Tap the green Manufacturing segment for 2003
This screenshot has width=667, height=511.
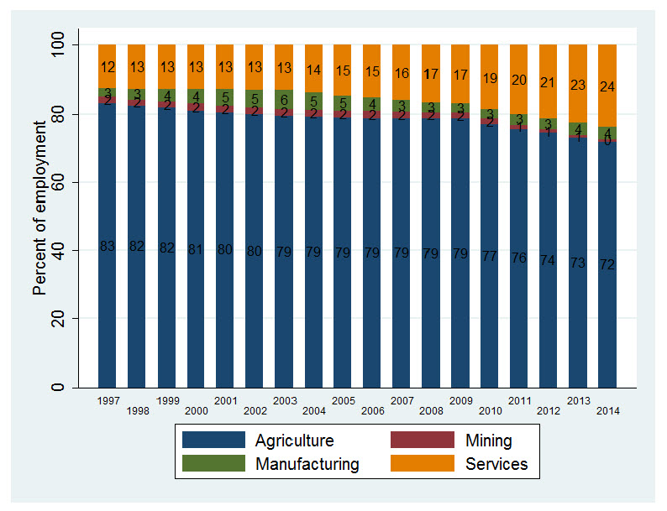point(284,99)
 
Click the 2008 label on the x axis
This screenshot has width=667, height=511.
point(432,411)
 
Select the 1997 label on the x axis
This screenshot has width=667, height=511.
point(108,401)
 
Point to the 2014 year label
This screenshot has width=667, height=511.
point(607,411)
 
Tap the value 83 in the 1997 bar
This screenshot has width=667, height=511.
point(108,246)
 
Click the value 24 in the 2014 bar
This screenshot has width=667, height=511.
point(607,86)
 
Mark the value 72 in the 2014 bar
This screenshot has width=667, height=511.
point(607,264)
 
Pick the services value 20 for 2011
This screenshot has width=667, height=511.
point(519,80)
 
